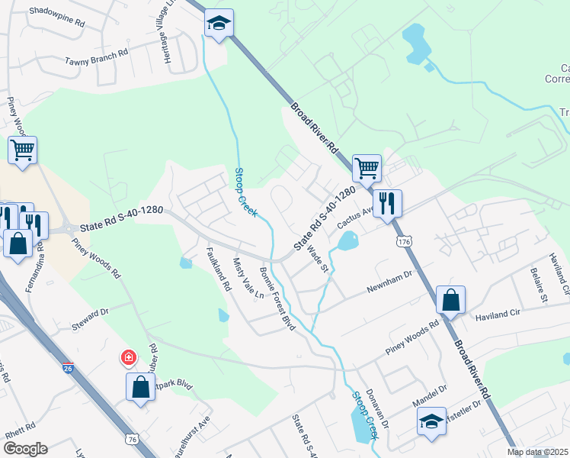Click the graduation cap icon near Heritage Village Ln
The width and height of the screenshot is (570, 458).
click(219, 24)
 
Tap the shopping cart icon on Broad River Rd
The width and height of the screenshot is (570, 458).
click(367, 167)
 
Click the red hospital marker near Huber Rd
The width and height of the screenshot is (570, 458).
click(129, 356)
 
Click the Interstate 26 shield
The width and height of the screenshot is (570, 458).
click(68, 349)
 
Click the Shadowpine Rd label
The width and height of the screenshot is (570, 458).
click(56, 16)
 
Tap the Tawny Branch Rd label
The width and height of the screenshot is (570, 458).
click(96, 61)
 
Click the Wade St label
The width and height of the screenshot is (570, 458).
click(318, 258)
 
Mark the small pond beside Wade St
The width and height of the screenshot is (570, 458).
click(347, 243)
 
